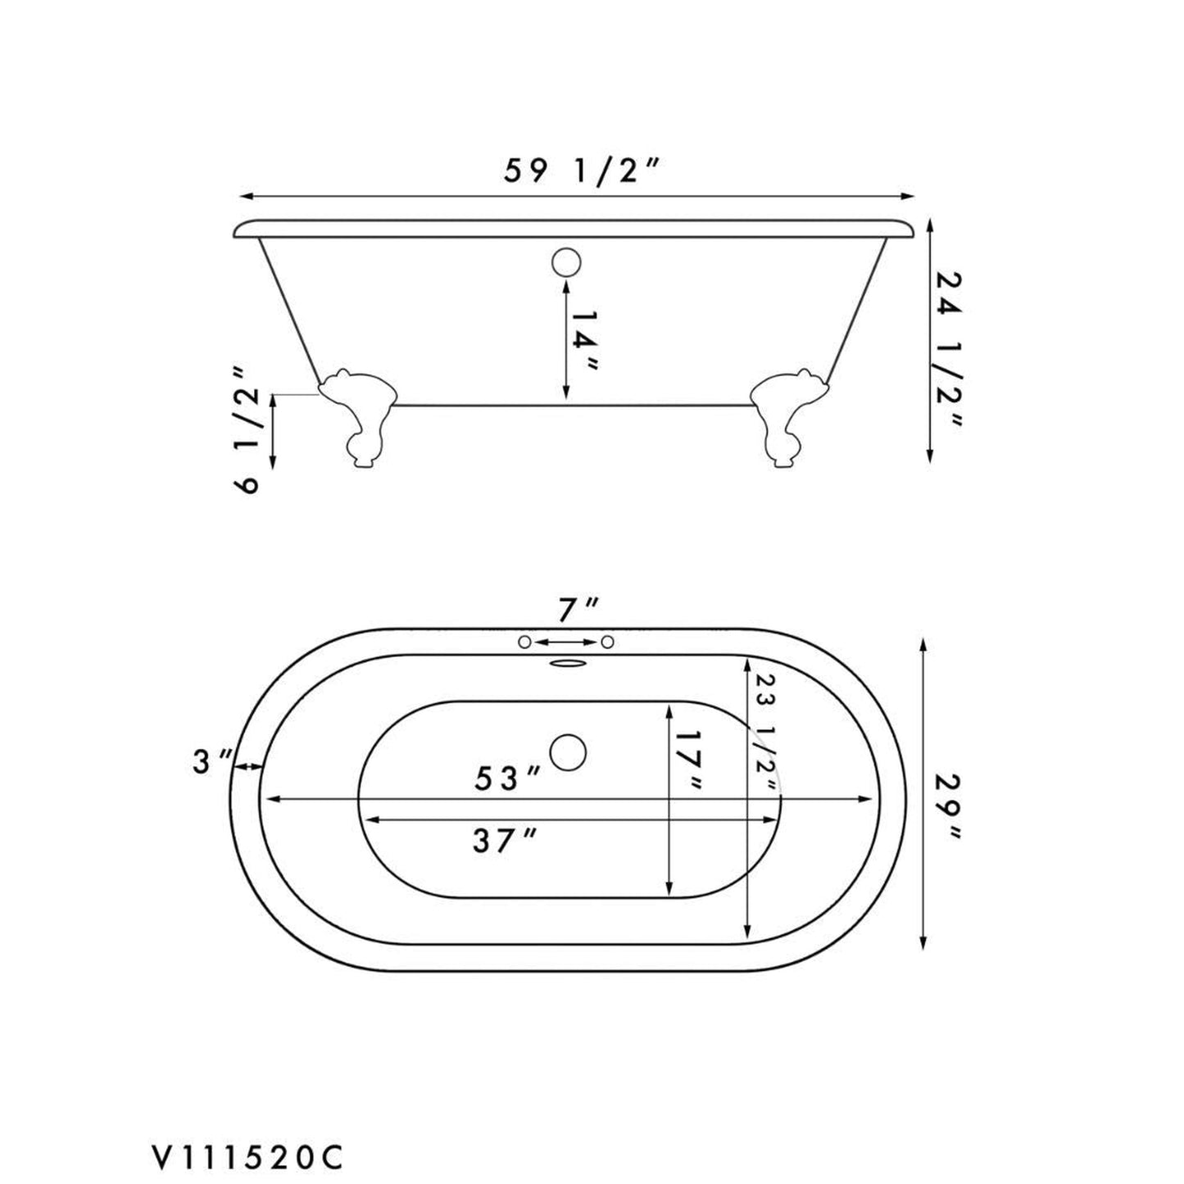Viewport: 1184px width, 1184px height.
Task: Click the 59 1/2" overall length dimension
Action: pos(581,174)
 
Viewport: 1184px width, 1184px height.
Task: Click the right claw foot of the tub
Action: pos(787,419)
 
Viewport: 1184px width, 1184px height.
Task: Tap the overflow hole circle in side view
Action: pos(565,262)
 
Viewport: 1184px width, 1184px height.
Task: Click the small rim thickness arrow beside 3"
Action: pos(247,766)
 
